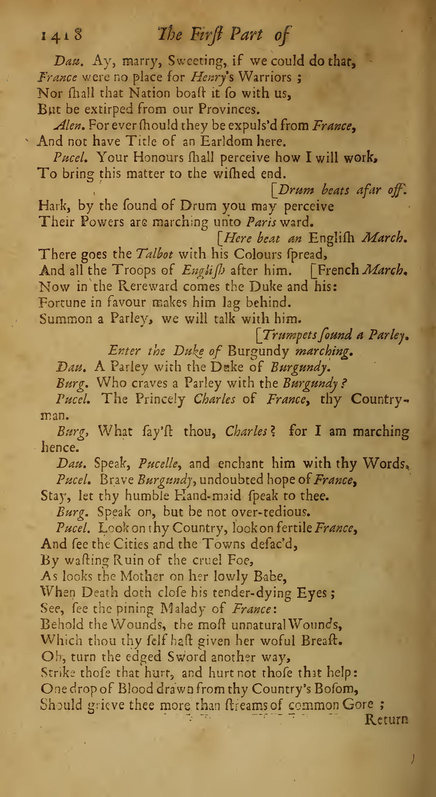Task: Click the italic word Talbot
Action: (155, 254)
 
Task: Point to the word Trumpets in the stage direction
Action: (291, 335)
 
